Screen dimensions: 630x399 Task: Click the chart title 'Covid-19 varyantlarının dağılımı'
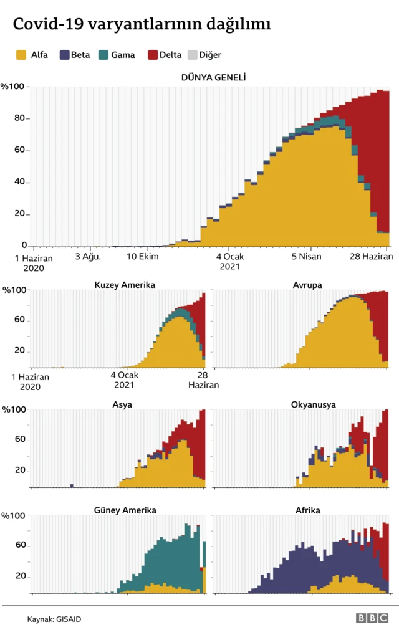142,24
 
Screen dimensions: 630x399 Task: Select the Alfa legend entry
32,55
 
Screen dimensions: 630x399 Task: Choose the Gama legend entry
117,55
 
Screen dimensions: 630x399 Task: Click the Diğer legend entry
205,55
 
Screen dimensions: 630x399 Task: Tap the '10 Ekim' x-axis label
143,257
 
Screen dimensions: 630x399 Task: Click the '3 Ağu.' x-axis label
87,257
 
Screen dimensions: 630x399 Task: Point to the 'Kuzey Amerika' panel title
125,285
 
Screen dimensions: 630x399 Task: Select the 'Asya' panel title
122,404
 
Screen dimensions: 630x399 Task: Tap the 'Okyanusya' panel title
313,404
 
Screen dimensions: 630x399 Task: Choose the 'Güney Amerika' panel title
125,510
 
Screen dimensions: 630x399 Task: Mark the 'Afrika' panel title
308,510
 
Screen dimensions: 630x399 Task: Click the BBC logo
372,618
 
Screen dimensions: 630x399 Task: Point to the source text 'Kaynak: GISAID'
54,619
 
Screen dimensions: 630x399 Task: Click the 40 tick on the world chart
21,182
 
